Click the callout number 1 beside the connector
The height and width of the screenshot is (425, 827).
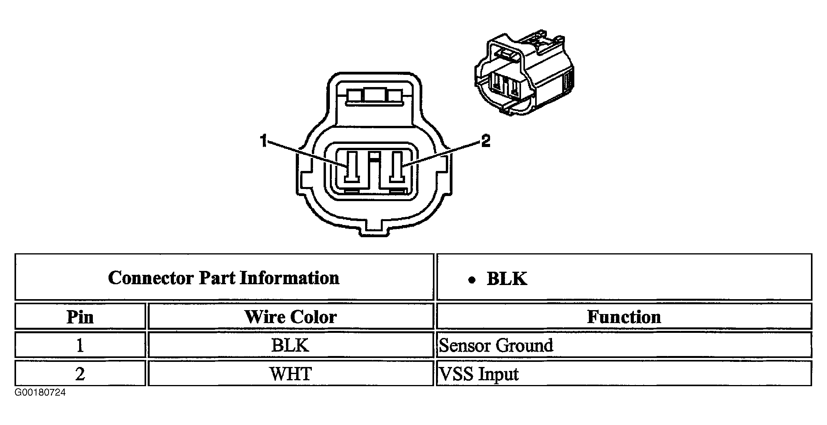pyautogui.click(x=264, y=141)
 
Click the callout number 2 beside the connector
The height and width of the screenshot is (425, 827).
pyautogui.click(x=485, y=141)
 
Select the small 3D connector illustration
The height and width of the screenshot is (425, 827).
pyautogui.click(x=524, y=74)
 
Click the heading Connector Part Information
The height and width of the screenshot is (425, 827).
pyautogui.click(x=224, y=278)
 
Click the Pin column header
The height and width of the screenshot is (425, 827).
pyautogui.click(x=80, y=317)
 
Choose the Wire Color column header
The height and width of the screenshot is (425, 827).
pyautogui.click(x=290, y=317)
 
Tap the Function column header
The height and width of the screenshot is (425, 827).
pyautogui.click(x=624, y=317)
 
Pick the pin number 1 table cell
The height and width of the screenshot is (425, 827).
pyautogui.click(x=80, y=345)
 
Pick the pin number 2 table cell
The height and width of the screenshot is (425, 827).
pyautogui.click(x=80, y=374)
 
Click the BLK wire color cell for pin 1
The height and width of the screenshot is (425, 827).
pyautogui.click(x=290, y=345)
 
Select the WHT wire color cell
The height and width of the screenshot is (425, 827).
pyautogui.click(x=290, y=374)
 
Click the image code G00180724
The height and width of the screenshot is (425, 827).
pyautogui.click(x=40, y=392)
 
